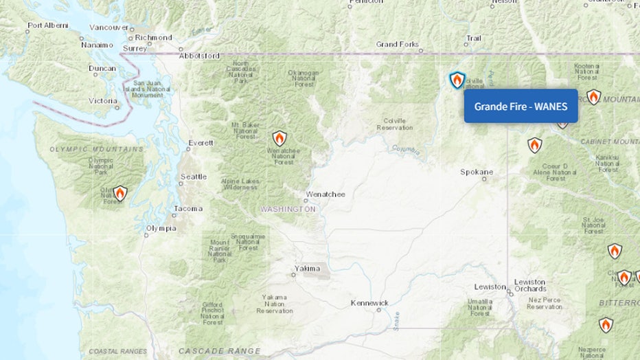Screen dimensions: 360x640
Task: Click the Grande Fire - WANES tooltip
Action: [x=521, y=106]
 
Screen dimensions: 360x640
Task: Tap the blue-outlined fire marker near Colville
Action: [x=457, y=80]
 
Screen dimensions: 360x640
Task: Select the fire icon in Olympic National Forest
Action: [x=119, y=193]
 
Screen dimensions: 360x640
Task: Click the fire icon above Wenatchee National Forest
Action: [x=279, y=138]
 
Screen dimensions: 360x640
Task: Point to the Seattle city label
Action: [x=193, y=177]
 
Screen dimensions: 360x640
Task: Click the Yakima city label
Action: [x=308, y=268]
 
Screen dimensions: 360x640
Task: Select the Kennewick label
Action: [x=369, y=303]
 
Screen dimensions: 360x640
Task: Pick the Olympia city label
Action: [x=161, y=228]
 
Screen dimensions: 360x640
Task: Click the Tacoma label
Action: [x=188, y=208]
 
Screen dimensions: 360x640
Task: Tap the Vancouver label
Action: [x=109, y=27]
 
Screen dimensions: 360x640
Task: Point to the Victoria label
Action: [x=103, y=101]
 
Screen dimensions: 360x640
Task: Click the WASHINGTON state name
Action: [x=288, y=209]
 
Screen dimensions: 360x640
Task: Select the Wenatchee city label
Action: [x=325, y=194]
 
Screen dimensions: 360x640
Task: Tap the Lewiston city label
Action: [x=490, y=286]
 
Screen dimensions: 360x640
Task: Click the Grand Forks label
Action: [x=397, y=45]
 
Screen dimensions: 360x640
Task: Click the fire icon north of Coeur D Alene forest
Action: [x=534, y=145]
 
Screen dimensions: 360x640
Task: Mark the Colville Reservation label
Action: [x=395, y=124]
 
